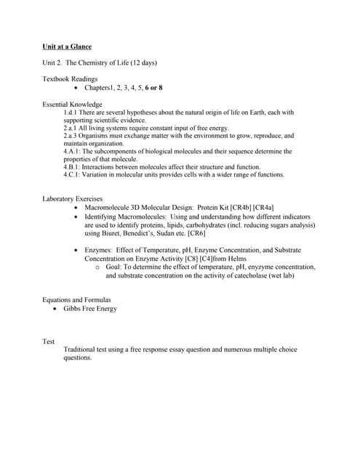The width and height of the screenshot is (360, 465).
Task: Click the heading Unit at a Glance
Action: coord(67,46)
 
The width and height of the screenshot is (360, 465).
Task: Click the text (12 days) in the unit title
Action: coord(140,62)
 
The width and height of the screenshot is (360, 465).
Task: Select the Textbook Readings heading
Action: coord(70,78)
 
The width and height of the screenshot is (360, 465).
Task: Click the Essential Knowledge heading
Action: coord(73,105)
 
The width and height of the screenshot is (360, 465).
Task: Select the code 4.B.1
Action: coord(72,166)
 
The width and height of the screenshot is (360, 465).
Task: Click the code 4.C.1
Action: coord(72,174)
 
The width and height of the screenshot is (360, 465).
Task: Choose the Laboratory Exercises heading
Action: coord(73,198)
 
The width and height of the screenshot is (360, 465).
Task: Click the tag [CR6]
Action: coord(196,234)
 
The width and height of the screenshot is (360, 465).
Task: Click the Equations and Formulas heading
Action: coord(76,300)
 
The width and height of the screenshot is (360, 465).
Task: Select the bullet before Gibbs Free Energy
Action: coord(56,309)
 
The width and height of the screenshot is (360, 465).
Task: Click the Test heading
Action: coord(49,341)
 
